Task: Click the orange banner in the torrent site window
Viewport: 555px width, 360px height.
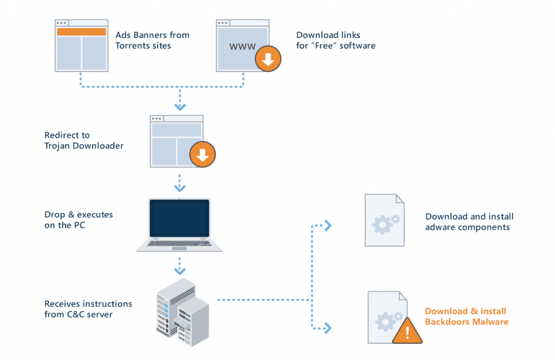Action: coord(81,31)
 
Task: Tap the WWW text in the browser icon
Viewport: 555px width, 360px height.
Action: coord(242,47)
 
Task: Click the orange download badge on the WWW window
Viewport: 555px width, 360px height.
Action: coord(268,59)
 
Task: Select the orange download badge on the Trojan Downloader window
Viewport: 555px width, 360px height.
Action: coord(202,155)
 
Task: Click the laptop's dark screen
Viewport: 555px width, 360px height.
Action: coord(179,217)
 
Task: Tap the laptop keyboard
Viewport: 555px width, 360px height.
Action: coord(179,243)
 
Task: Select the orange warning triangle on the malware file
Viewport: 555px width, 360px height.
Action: coord(407,331)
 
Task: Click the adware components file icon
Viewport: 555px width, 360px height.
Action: coord(384,221)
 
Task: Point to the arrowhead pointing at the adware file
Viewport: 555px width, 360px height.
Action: coord(327,226)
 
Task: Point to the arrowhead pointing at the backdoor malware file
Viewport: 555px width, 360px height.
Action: coord(327,327)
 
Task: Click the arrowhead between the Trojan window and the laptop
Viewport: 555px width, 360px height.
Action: coord(179,188)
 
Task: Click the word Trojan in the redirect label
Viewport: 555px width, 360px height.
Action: coord(57,146)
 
